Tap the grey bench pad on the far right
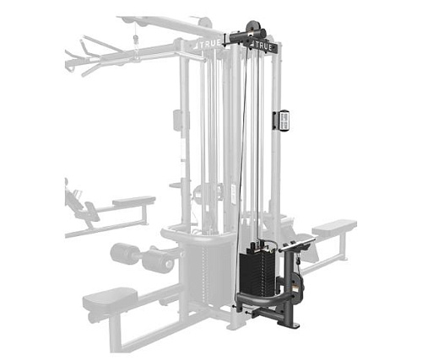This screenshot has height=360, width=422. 333,227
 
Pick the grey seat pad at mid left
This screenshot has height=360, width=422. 133,201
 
